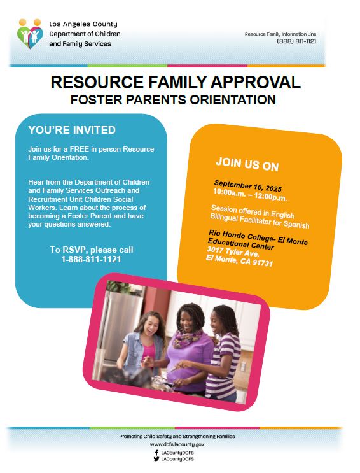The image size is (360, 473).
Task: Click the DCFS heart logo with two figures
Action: (29, 34)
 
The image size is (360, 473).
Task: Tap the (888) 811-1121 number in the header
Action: (296, 41)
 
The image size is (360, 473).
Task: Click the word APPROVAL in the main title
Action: (256, 82)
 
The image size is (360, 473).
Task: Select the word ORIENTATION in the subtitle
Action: (233, 99)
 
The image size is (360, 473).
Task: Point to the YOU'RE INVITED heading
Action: (72, 130)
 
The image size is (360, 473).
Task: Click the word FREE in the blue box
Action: (80, 149)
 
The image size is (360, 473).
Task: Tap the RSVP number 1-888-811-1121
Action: (91, 259)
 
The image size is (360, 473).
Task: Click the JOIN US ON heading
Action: (247, 164)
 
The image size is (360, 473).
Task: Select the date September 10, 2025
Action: (248, 186)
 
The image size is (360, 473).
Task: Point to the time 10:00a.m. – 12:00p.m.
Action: (250, 195)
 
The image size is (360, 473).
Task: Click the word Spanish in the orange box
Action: (296, 225)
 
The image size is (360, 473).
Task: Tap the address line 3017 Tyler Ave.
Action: (233, 251)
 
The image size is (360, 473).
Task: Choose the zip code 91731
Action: (263, 262)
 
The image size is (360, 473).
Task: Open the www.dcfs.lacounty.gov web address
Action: (177, 444)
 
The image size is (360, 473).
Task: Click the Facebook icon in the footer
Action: (156, 453)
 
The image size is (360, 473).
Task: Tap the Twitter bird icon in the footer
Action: (156, 459)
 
